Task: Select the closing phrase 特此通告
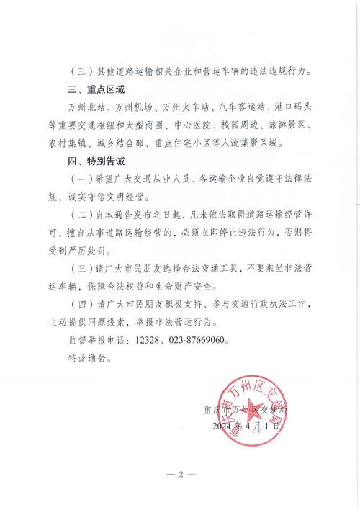(90, 357)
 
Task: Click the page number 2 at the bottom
(181, 474)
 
